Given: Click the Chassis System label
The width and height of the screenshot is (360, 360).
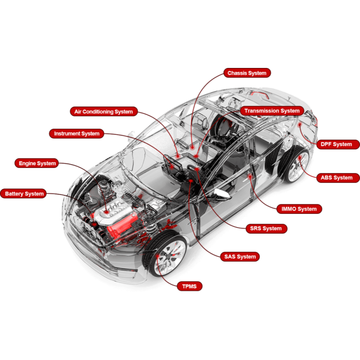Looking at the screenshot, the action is click(247, 73).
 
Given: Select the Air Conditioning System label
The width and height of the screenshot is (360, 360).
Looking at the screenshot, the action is click(103, 112).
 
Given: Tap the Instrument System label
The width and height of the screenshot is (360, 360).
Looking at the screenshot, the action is click(76, 134).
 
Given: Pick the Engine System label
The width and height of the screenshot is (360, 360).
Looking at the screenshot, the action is click(37, 163).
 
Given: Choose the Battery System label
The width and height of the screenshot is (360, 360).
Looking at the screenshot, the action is click(23, 194).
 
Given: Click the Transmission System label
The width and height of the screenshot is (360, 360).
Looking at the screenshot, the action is click(272, 111).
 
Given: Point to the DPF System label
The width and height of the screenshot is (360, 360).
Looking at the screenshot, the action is click(338, 144).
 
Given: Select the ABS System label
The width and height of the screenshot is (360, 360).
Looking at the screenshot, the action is click(338, 178).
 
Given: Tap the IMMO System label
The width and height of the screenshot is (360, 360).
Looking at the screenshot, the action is click(299, 209).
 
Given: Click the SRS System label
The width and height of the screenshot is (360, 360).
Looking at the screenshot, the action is click(266, 229).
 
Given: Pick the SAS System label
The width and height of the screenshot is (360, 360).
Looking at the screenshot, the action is click(240, 256).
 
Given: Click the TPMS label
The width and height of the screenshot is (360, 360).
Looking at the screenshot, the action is click(189, 286).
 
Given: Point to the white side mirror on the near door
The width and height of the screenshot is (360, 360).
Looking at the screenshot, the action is click(221, 194).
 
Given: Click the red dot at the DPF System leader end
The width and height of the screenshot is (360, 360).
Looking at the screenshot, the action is click(300, 125).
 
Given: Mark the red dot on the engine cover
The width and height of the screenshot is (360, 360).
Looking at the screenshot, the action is click(107, 211).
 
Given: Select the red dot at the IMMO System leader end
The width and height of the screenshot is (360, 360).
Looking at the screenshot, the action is click(250, 177).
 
